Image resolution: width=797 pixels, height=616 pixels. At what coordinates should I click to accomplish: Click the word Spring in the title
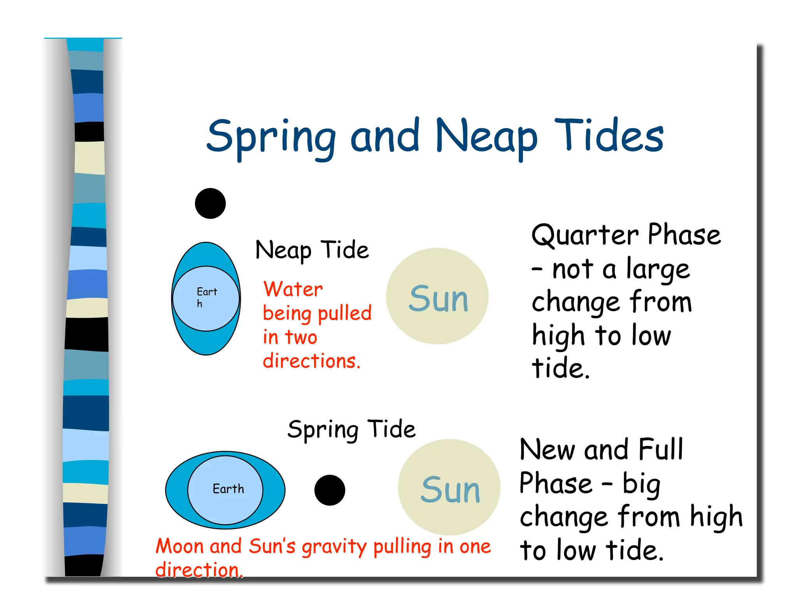pos(271,137)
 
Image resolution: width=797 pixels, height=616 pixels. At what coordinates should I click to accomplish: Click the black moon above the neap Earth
pos(210,203)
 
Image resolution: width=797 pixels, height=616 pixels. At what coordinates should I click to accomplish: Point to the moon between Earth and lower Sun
pos(330,490)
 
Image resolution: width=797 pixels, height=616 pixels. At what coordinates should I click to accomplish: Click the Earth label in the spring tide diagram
pos(228,489)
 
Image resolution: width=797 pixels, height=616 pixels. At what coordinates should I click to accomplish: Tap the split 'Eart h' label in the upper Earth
pos(206,297)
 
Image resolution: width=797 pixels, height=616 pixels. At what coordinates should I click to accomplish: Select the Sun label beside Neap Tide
pos(438,299)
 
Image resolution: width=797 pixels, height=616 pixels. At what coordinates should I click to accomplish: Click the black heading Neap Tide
pos(312,250)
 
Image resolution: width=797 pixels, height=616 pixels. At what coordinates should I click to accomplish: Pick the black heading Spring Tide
pos(351,430)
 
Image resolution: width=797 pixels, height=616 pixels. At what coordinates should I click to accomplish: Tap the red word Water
pos(293,289)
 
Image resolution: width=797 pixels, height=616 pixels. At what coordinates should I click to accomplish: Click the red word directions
pos(311,361)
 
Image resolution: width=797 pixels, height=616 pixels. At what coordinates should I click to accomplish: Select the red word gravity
pos(334,547)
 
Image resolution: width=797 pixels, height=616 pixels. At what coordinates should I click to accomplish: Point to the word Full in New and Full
pos(661,449)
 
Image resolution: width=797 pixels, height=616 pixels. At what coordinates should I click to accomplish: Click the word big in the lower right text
pos(641,484)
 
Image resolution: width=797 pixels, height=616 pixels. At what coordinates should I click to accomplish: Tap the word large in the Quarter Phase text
pos(658,270)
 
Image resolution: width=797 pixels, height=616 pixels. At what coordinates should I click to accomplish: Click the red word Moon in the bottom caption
pos(179,546)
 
